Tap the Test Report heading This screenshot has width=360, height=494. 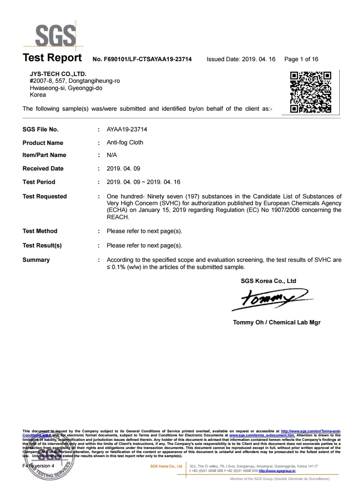click(52, 58)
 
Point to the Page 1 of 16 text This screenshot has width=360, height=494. click(301, 59)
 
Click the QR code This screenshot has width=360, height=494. click(310, 92)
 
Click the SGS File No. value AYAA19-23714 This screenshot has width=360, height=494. click(127, 130)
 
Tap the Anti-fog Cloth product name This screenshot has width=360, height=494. click(125, 143)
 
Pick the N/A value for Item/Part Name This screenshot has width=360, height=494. click(112, 155)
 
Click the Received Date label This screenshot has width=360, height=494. click(43, 169)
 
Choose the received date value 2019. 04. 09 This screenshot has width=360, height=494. click(124, 169)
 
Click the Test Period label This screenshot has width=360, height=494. click(39, 182)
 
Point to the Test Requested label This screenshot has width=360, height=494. click(45, 197)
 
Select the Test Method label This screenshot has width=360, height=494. click(40, 231)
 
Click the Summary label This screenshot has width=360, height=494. click(36, 260)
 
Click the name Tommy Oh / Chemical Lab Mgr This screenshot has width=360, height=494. click(277, 323)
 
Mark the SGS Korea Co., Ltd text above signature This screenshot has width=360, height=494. click(269, 281)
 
